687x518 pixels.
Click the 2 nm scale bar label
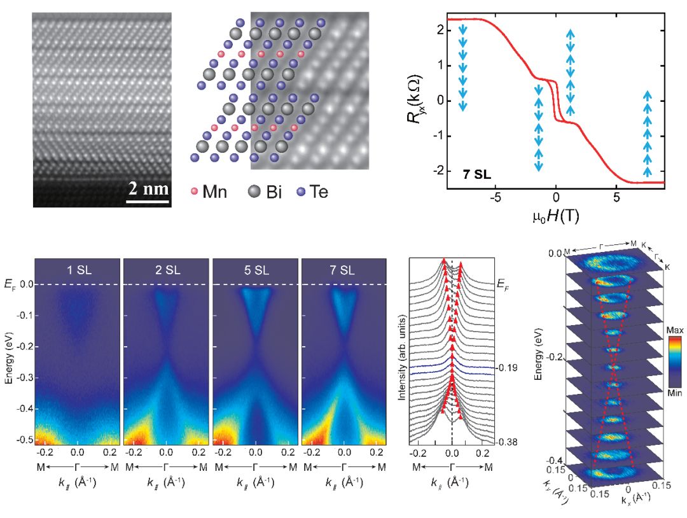point(148,188)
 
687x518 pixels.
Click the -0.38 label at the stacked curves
point(507,442)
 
